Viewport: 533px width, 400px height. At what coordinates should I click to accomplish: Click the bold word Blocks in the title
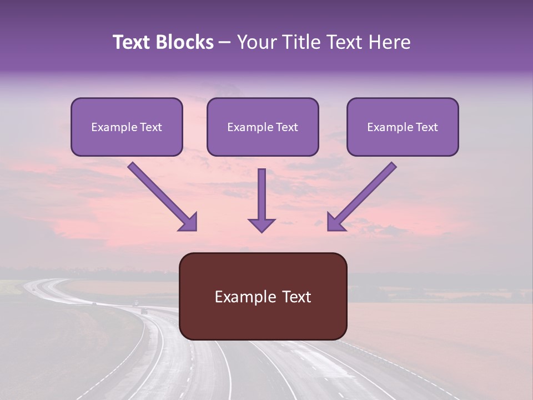[x=184, y=42]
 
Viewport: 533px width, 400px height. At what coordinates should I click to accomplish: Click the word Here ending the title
[x=390, y=42]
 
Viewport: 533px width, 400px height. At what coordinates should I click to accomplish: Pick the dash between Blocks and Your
[x=225, y=43]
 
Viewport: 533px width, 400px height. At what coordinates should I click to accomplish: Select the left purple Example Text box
[x=127, y=127]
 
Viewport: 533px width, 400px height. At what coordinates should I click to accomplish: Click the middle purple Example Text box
[x=263, y=127]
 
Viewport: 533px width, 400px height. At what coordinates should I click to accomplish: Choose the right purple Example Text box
[x=403, y=127]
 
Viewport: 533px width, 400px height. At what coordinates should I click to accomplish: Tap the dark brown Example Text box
[x=263, y=296]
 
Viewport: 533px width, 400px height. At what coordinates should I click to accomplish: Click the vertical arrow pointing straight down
[x=262, y=201]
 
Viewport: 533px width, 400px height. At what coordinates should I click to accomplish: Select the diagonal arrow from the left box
[x=163, y=197]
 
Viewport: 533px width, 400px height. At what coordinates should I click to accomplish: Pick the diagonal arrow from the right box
[x=361, y=197]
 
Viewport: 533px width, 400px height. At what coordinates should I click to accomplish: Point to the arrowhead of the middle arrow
[x=262, y=225]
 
